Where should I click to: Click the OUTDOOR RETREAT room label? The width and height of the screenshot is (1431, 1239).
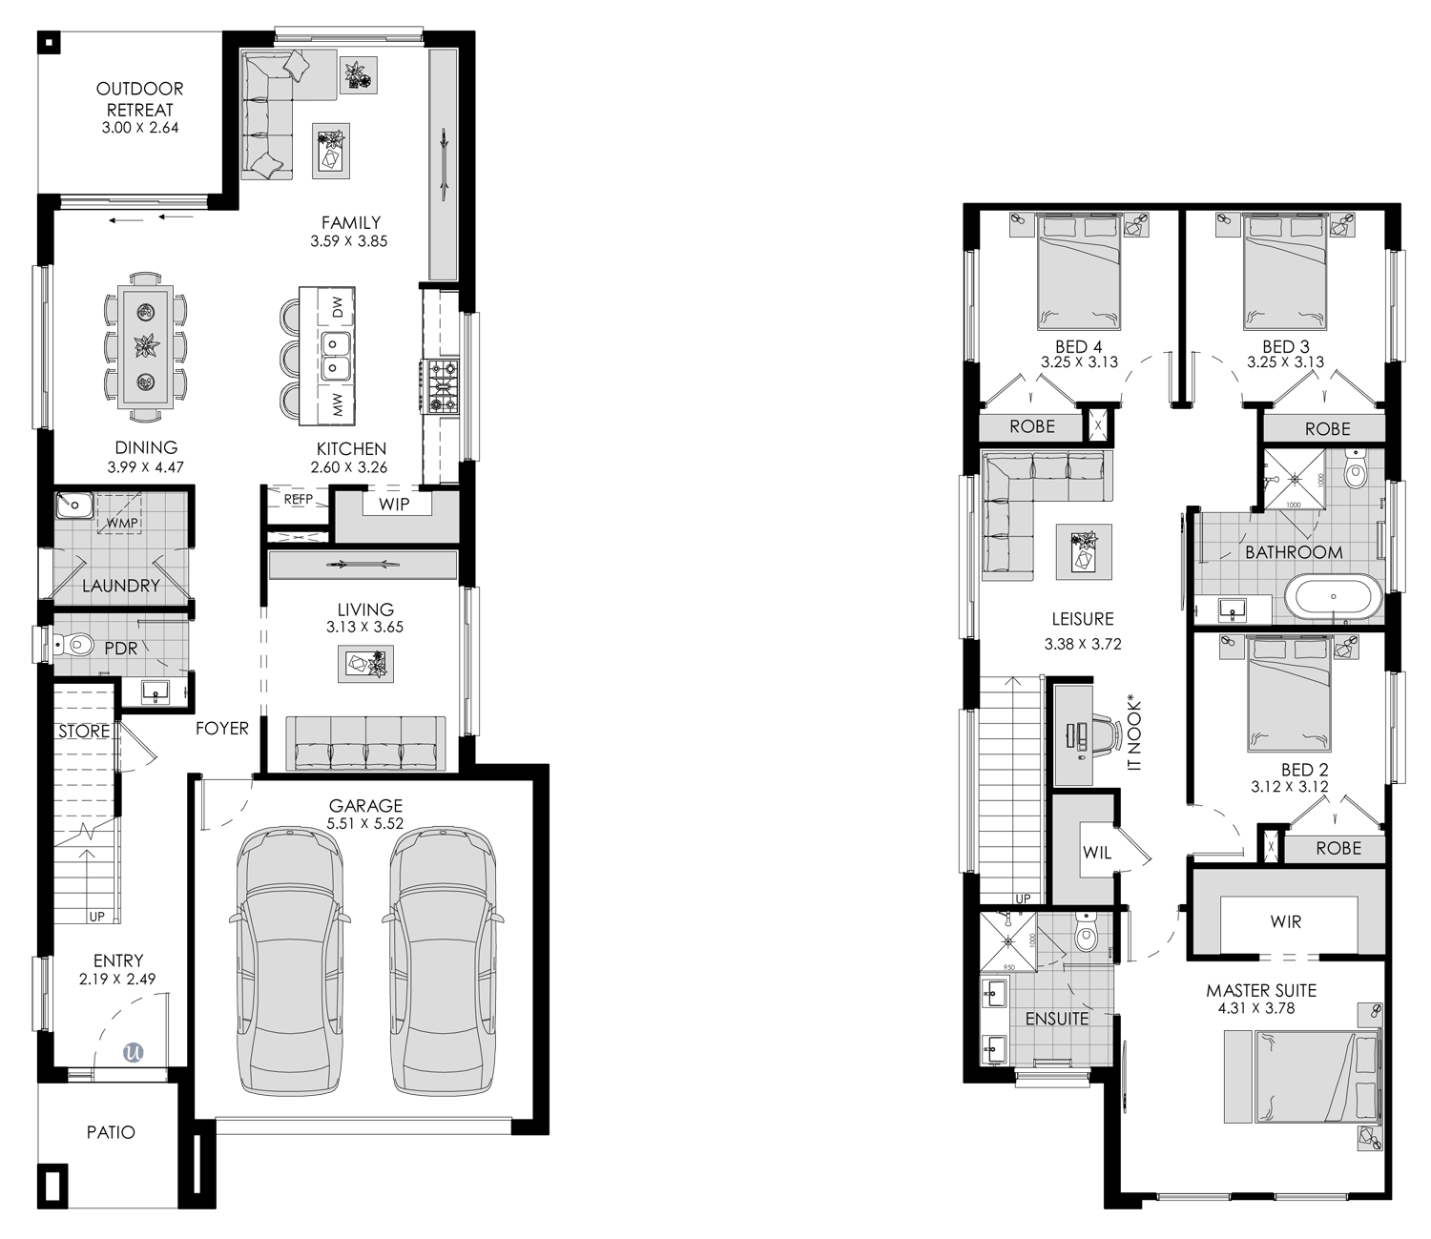coord(140,99)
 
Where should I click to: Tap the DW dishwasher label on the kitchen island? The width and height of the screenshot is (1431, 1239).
coord(337,306)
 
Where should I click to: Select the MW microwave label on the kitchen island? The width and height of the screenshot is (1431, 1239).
coord(337,404)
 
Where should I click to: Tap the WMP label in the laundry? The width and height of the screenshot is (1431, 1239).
coord(122,523)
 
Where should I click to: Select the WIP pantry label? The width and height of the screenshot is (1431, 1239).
coord(394,505)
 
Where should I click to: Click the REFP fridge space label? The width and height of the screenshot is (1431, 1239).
coord(299,499)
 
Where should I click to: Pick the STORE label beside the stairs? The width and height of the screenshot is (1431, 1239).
coord(84,732)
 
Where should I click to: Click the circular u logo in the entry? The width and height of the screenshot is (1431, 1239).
coord(133,1052)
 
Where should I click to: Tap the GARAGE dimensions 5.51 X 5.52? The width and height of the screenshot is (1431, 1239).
coord(365,824)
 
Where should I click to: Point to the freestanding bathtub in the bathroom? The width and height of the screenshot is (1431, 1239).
coord(1334,596)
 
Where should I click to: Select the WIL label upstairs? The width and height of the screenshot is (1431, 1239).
coord(1097,852)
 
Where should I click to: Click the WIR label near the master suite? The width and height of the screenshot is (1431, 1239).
coord(1286,921)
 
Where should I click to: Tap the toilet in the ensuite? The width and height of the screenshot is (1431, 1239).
coord(1086,934)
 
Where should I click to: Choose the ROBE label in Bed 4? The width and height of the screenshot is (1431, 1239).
coord(1032,426)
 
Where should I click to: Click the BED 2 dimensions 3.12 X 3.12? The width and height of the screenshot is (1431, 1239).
coord(1289,787)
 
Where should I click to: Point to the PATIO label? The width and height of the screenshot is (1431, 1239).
coord(111,1133)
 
